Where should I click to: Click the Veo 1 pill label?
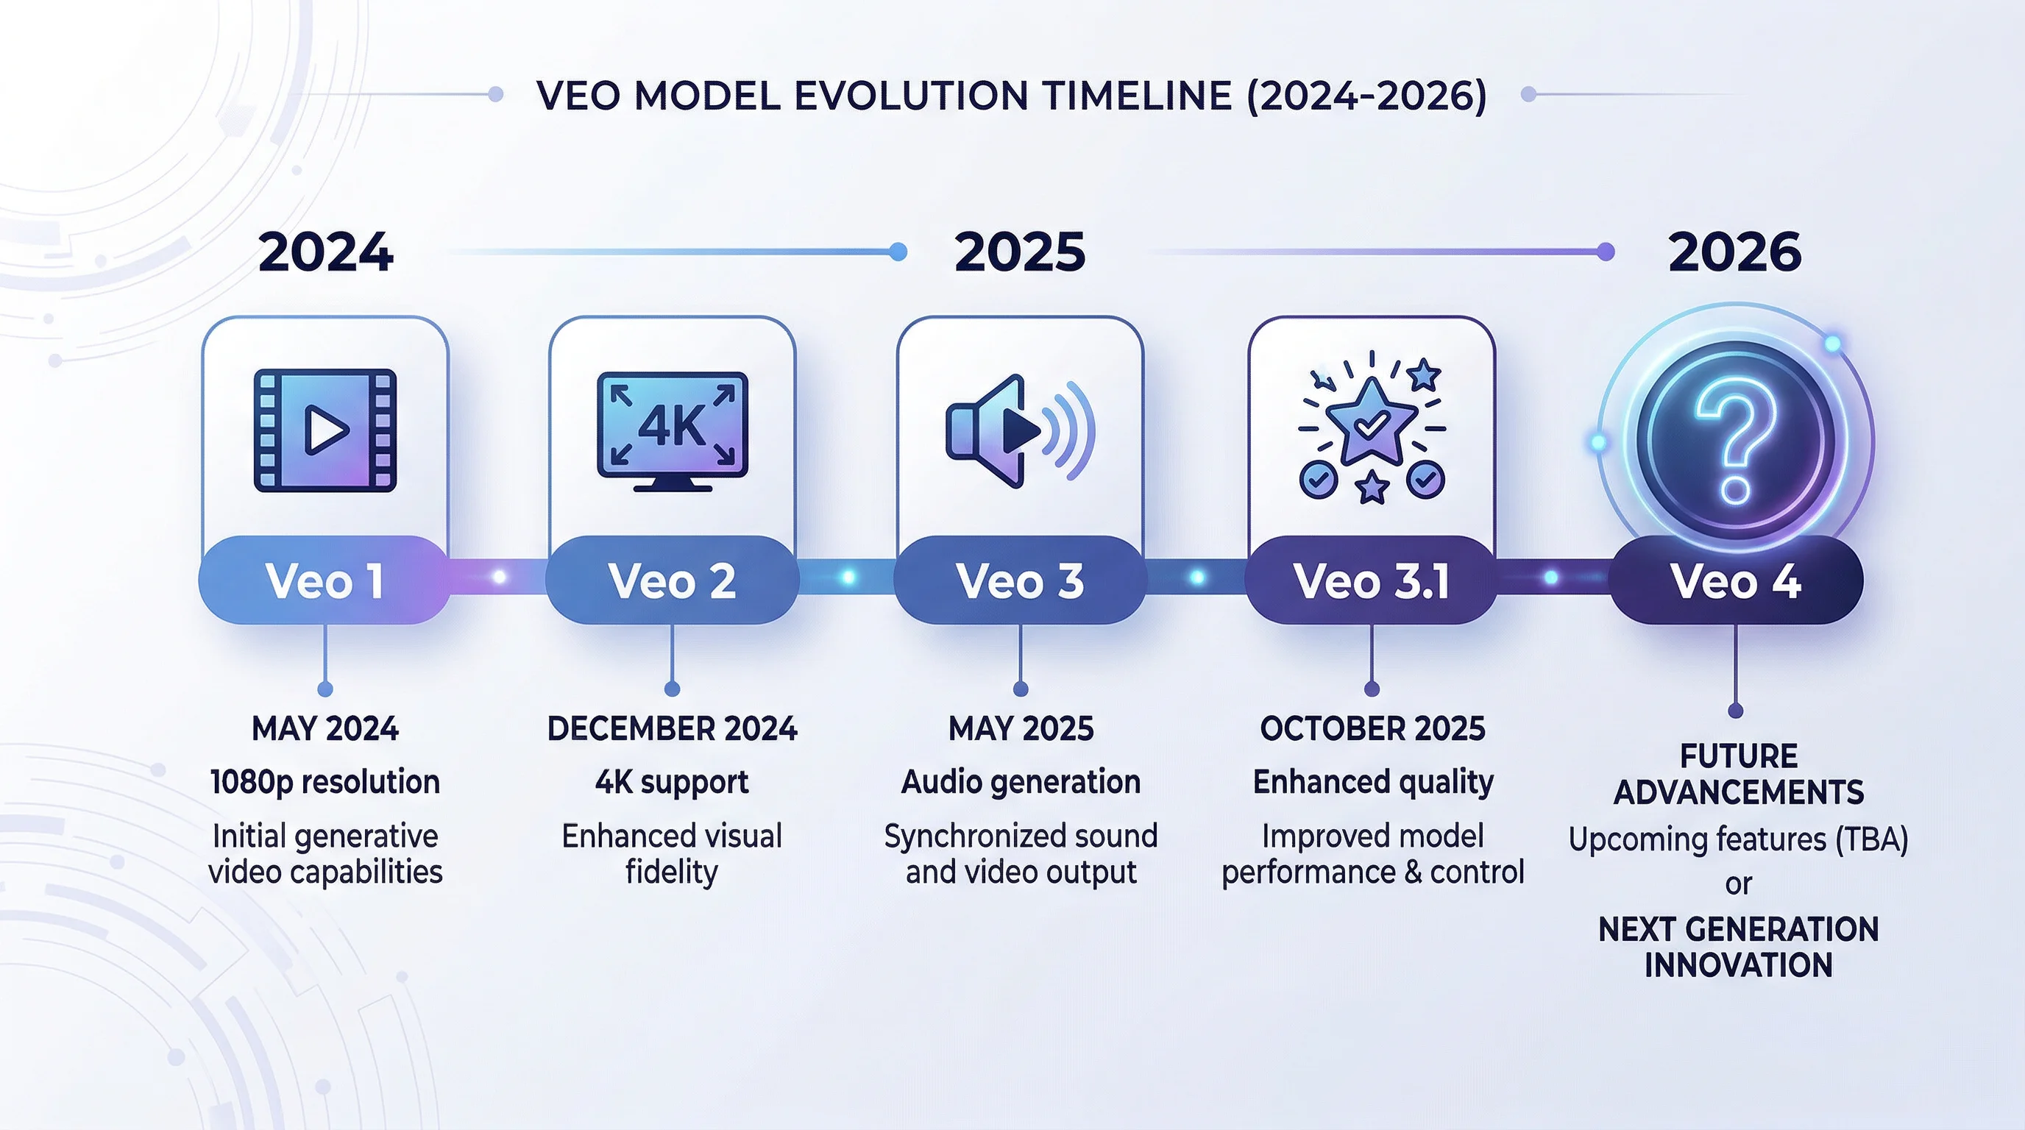(325, 580)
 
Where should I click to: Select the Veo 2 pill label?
(672, 580)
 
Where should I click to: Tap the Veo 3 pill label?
(1020, 580)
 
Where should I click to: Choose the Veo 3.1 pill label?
(1372, 580)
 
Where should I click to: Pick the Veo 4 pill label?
(1736, 580)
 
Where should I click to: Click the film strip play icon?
(325, 430)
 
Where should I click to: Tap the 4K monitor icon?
(672, 431)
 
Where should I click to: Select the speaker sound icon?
(1020, 430)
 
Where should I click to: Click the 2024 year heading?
(325, 252)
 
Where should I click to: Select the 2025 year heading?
(1020, 252)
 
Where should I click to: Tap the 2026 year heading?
(1735, 252)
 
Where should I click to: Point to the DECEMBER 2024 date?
(672, 728)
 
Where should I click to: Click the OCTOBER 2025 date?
(1372, 728)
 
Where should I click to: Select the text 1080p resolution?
(325, 783)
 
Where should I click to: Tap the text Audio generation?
(1021, 783)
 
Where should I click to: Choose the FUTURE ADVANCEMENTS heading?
(1738, 774)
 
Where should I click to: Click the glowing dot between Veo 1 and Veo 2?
(498, 578)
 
